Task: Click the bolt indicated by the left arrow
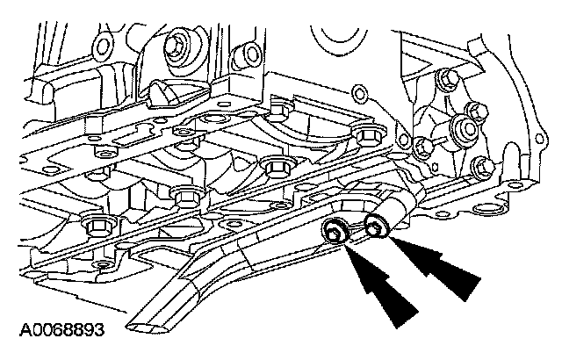click(x=335, y=234)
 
